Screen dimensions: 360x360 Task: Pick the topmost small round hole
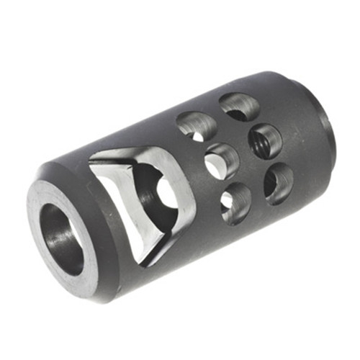coord(239,107)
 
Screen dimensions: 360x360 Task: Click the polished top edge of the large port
coord(130,151)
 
